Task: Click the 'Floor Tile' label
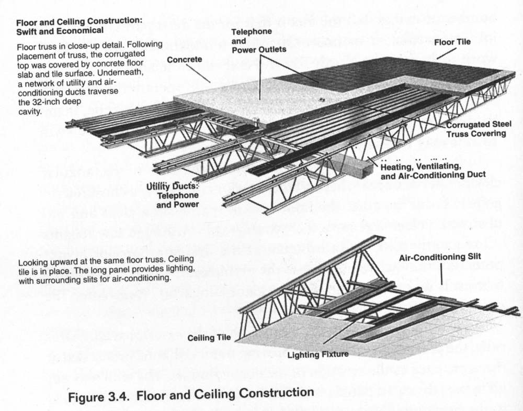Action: coord(452,40)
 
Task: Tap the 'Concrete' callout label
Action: coord(184,60)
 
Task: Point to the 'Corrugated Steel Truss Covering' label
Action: coord(476,129)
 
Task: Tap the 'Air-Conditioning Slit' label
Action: coord(440,258)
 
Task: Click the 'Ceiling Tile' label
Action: coord(209,338)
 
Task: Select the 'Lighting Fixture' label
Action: coord(318,354)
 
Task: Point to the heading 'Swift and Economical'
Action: coord(52,31)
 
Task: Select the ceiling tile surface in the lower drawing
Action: coord(293,335)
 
